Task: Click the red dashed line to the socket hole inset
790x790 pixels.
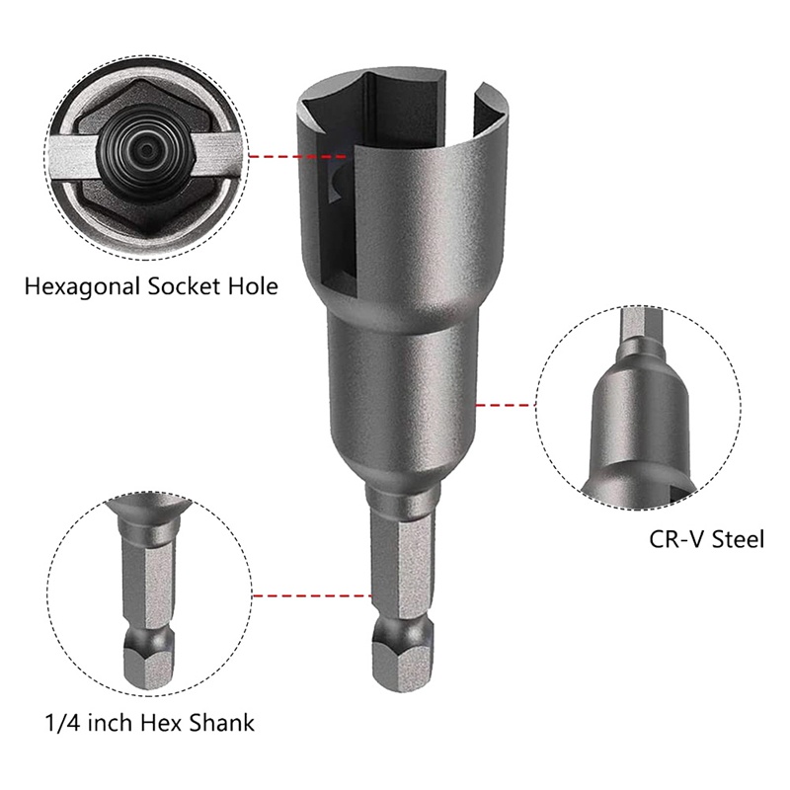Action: (296, 156)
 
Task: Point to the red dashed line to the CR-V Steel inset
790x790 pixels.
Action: (504, 404)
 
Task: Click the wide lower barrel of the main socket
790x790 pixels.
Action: (399, 395)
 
